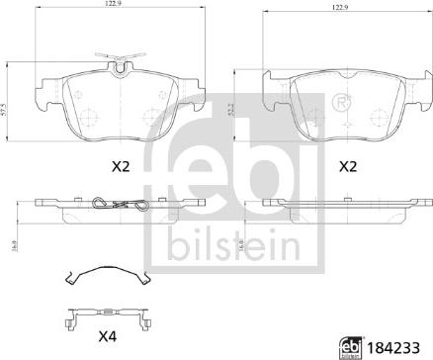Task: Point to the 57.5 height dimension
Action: coord(4,110)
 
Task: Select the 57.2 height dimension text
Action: coord(230,110)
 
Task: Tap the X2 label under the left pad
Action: coord(121,167)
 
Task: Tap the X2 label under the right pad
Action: coord(348,167)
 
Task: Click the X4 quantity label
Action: coord(108,337)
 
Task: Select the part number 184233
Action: coord(393,348)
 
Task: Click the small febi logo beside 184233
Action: coord(352,348)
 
